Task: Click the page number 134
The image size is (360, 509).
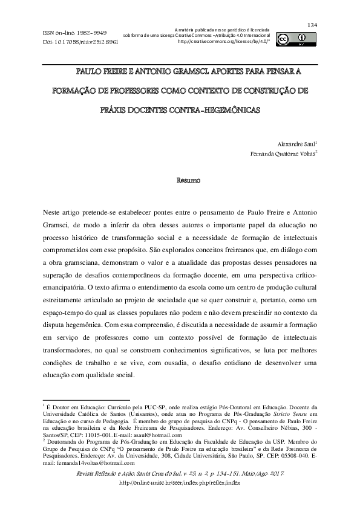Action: click(312, 24)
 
